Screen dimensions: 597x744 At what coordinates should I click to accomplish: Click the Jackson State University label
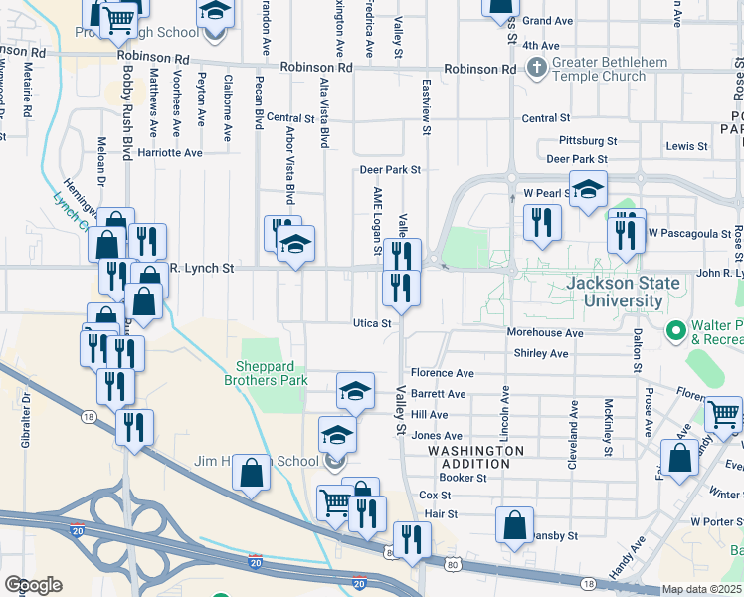click(623, 292)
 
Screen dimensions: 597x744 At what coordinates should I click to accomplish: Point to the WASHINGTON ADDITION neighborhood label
click(475, 458)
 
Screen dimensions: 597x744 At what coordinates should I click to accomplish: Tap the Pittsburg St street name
click(588, 141)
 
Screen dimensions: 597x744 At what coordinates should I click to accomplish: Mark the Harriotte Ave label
click(169, 153)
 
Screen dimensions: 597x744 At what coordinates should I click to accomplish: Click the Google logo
click(33, 585)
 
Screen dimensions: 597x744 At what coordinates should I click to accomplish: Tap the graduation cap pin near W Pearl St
click(588, 189)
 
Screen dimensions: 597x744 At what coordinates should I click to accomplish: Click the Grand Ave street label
click(548, 21)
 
